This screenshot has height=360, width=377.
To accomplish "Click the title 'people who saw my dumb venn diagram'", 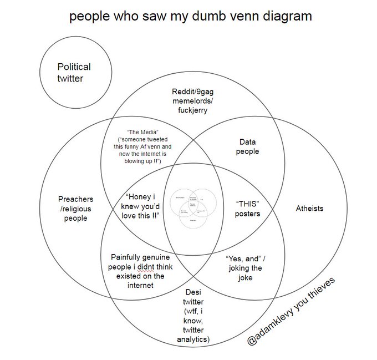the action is (190, 16).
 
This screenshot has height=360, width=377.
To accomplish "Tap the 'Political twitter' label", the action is (74, 73).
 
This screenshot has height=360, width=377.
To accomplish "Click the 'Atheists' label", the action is (309, 209).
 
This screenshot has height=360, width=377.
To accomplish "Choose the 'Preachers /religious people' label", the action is (75, 209).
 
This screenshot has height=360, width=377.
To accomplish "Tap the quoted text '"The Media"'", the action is (136, 131).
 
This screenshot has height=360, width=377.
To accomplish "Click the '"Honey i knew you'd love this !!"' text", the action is (142, 206).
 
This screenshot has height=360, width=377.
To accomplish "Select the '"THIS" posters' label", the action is (247, 209).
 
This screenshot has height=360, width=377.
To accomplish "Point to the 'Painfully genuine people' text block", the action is (140, 271).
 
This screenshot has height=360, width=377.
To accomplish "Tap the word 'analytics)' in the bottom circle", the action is (193, 339).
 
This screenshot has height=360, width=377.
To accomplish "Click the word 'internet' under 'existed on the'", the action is (140, 285).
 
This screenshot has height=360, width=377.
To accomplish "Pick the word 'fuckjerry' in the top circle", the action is (192, 110).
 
